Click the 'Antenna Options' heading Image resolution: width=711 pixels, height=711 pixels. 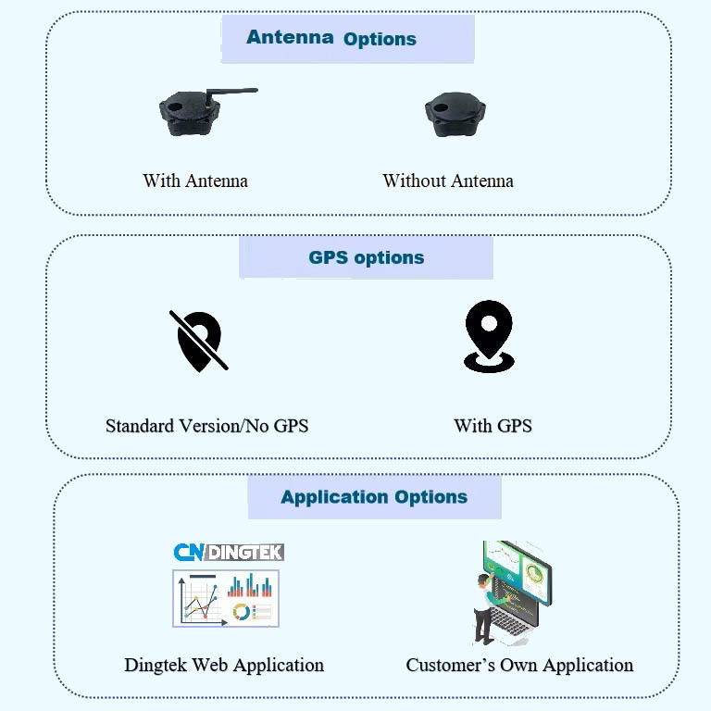click(x=331, y=39)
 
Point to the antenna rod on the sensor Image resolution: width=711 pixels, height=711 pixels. click(x=231, y=92)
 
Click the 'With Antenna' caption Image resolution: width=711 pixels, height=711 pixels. click(x=195, y=181)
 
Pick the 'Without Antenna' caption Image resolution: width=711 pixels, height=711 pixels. click(x=448, y=181)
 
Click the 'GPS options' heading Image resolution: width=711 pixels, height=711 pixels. click(x=366, y=258)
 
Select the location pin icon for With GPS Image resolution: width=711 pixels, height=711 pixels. click(x=489, y=337)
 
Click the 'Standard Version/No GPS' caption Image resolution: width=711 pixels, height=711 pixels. click(x=206, y=426)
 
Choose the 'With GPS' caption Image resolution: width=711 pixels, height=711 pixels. click(x=493, y=426)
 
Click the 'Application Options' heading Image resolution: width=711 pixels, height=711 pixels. click(x=374, y=497)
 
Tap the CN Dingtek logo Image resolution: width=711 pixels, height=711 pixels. click(x=229, y=553)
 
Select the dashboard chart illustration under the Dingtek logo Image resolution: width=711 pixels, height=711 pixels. click(x=225, y=598)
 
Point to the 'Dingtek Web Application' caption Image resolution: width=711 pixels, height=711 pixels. click(x=224, y=665)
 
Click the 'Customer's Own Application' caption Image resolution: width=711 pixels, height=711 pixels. click(x=519, y=665)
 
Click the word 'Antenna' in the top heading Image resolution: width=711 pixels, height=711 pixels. click(x=290, y=38)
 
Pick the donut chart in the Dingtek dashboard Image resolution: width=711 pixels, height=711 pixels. click(x=242, y=612)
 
